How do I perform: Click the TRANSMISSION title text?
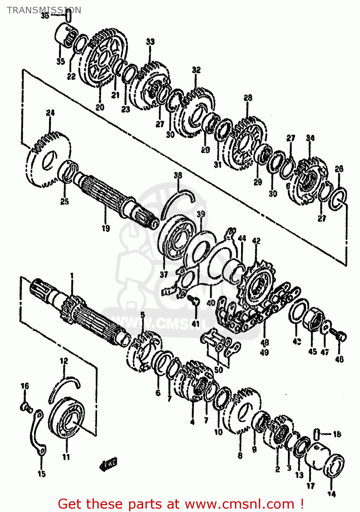[x=44, y=10]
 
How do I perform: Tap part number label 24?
[x=50, y=113]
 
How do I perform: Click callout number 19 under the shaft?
[x=106, y=228]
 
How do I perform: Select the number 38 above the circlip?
[x=178, y=175]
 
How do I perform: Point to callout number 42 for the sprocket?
[x=256, y=241]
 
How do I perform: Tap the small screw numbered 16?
[x=26, y=407]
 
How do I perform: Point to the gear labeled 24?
[x=48, y=160]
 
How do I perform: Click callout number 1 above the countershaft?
[x=72, y=275]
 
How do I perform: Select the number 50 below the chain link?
[x=219, y=369]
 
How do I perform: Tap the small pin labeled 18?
[x=317, y=434]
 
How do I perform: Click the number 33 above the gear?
[x=150, y=42]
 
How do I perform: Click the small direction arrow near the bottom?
[x=109, y=464]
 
